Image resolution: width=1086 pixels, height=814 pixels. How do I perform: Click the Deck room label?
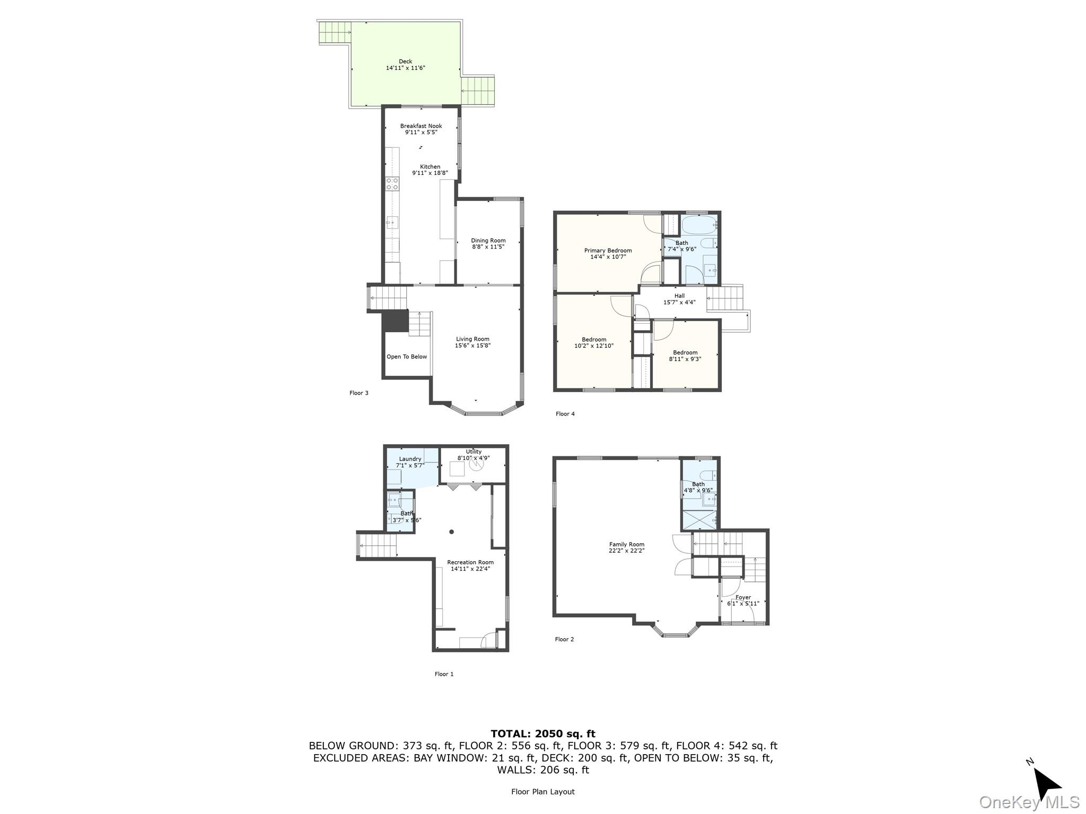tap(405, 61)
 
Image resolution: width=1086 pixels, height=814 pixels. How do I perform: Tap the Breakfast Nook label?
tap(421, 126)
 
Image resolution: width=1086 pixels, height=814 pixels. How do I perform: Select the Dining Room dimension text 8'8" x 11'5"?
tap(488, 247)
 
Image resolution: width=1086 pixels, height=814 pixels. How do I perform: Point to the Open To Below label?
tap(406, 357)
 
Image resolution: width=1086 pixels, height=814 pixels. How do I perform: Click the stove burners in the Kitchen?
tap(392, 184)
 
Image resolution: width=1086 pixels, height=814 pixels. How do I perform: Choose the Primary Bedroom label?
tap(608, 251)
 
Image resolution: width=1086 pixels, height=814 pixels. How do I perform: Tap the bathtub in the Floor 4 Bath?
tap(699, 225)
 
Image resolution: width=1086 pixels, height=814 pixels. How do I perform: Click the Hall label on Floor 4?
tap(679, 296)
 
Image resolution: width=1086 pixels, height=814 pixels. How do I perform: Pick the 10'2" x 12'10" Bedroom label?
tap(594, 340)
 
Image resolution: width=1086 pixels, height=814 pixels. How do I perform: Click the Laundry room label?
tap(410, 459)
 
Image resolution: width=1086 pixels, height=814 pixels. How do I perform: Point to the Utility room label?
tap(474, 452)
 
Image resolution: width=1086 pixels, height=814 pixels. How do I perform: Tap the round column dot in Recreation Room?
tap(452, 532)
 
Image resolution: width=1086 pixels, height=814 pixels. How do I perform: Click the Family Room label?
tap(626, 544)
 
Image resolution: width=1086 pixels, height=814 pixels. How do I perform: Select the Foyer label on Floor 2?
tap(743, 597)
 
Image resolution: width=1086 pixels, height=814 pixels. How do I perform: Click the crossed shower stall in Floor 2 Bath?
tap(699, 520)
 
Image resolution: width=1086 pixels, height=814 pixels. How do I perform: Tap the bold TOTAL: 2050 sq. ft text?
tap(542, 733)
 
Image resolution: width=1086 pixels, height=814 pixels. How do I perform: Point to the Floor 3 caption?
tap(358, 393)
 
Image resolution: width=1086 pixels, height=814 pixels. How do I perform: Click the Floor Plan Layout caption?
tap(542, 792)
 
